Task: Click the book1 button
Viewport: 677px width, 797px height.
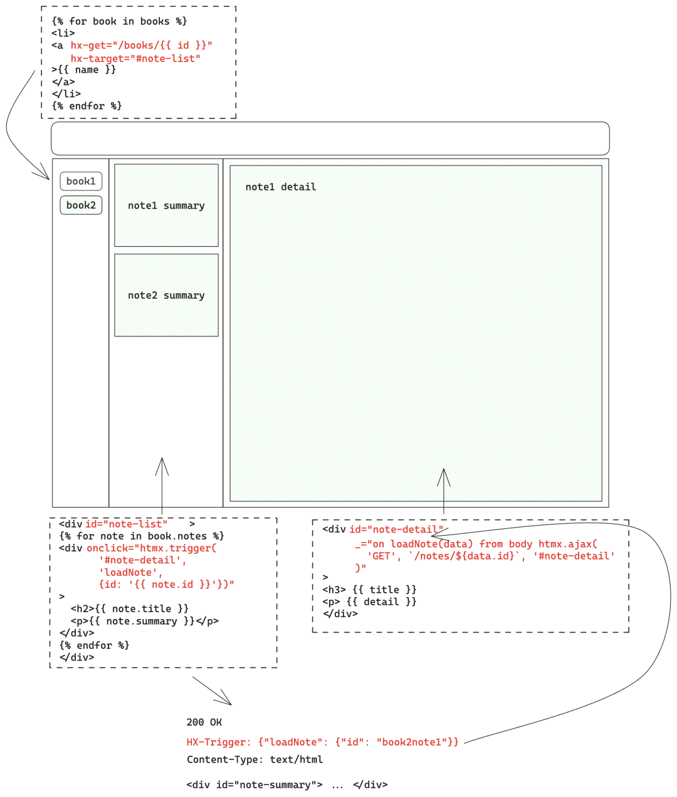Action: [81, 181]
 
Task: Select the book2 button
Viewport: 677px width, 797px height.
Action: [81, 205]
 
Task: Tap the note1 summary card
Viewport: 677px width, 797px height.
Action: [166, 206]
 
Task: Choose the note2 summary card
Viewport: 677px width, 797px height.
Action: [166, 295]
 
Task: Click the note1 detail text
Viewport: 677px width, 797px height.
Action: [280, 187]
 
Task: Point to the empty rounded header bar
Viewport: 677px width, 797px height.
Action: [330, 138]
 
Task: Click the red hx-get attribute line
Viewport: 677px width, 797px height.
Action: [141, 45]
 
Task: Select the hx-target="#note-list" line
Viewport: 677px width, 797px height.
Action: [135, 58]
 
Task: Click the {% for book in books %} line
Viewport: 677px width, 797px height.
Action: [119, 21]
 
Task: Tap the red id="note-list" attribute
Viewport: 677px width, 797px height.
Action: [126, 524]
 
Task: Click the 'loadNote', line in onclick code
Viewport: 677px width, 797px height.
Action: [130, 572]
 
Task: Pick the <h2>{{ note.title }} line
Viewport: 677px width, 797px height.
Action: [129, 608]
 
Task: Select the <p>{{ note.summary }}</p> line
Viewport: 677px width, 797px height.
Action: [144, 621]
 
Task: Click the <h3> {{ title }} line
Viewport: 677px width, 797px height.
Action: [369, 590]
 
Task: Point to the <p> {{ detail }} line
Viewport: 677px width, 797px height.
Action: [369, 602]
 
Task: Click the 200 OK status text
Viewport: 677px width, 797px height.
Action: [204, 722]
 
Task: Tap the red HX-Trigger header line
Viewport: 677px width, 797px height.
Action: [322, 742]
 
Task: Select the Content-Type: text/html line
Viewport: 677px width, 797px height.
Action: [255, 759]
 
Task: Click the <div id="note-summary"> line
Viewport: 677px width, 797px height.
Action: [286, 784]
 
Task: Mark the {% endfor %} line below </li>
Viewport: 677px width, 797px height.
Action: [87, 106]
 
